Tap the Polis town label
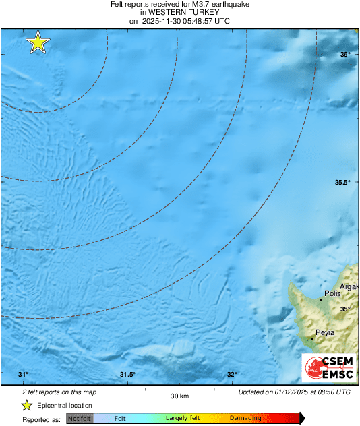tap(332, 294)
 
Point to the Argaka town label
tap(349, 287)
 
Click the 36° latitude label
tap(344, 55)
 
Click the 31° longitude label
tap(23, 375)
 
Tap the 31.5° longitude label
tap(127, 375)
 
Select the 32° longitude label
tap(232, 375)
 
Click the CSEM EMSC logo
tap(329, 368)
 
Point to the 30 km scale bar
tap(178, 390)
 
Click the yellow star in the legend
tap(27, 405)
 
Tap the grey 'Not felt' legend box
tap(80, 418)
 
